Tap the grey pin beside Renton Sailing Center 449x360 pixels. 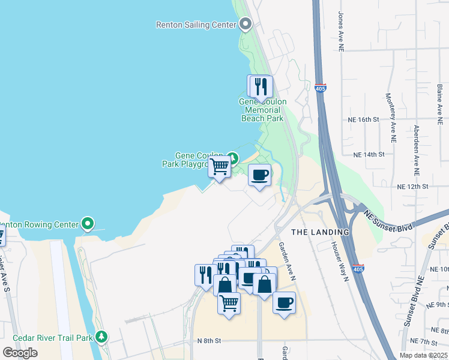coord(245,24)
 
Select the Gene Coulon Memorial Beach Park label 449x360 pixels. coord(262,110)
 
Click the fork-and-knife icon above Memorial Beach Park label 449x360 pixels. coord(261,86)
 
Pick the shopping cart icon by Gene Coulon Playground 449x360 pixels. coord(220,166)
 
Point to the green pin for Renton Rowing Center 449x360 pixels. coord(88,224)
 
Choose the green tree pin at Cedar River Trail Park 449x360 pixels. coord(103,337)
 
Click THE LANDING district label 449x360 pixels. coord(320,232)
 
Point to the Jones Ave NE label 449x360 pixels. coord(341,25)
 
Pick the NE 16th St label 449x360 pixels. coord(364,120)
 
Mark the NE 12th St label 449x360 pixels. coord(412,187)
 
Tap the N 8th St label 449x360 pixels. coord(209,340)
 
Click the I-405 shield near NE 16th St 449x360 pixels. coord(320,89)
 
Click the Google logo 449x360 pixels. coord(19,353)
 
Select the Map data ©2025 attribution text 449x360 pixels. coord(424,355)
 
